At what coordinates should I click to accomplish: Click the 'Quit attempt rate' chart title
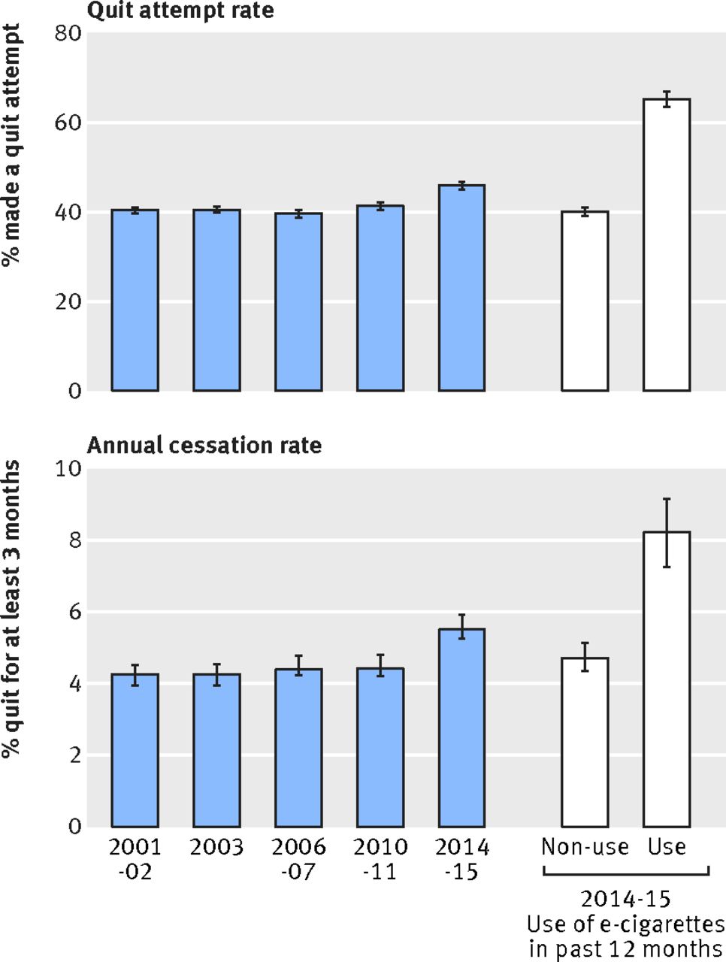pyautogui.click(x=180, y=11)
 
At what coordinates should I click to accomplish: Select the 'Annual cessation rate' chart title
pyautogui.click(x=204, y=446)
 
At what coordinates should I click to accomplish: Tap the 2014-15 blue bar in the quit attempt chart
pyautogui.click(x=461, y=288)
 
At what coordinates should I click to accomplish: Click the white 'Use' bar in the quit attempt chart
pyautogui.click(x=667, y=245)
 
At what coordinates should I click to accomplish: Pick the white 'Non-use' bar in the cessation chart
pyautogui.click(x=585, y=743)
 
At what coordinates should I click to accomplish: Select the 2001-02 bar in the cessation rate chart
pyautogui.click(x=135, y=751)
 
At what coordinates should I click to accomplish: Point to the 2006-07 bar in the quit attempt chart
pyautogui.click(x=298, y=302)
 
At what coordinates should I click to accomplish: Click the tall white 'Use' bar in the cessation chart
pyautogui.click(x=667, y=679)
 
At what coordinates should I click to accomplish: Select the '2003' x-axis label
pyautogui.click(x=216, y=848)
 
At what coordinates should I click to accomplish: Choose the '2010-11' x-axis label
pyautogui.click(x=380, y=859)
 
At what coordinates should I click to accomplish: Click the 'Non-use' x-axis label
pyautogui.click(x=585, y=848)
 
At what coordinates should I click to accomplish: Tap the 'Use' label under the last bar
pyautogui.click(x=667, y=848)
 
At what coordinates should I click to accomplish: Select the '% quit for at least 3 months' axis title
pyautogui.click(x=11, y=610)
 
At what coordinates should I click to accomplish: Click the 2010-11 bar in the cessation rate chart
pyautogui.click(x=380, y=748)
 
